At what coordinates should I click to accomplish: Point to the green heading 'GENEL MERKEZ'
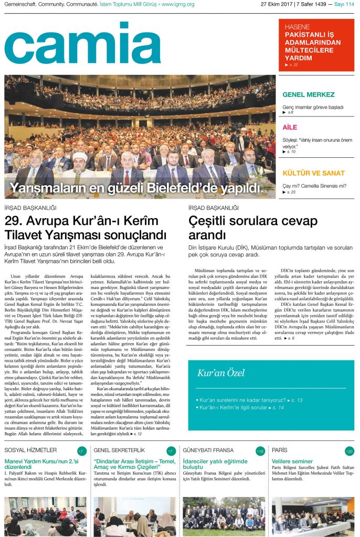click(x=308, y=95)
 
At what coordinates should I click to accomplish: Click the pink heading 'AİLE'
click(x=290, y=127)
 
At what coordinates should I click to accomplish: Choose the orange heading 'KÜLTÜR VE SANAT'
click(x=313, y=173)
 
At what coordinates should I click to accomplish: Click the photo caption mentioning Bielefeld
click(x=135, y=188)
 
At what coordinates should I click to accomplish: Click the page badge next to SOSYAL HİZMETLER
click(x=82, y=451)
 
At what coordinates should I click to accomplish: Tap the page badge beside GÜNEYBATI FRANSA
click(x=260, y=451)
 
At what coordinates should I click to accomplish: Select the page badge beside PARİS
click(x=350, y=451)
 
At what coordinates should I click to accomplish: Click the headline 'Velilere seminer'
click(x=292, y=461)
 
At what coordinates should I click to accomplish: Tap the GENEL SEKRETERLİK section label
click(x=119, y=450)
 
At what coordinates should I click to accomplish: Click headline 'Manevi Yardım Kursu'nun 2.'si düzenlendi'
click(x=41, y=465)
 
